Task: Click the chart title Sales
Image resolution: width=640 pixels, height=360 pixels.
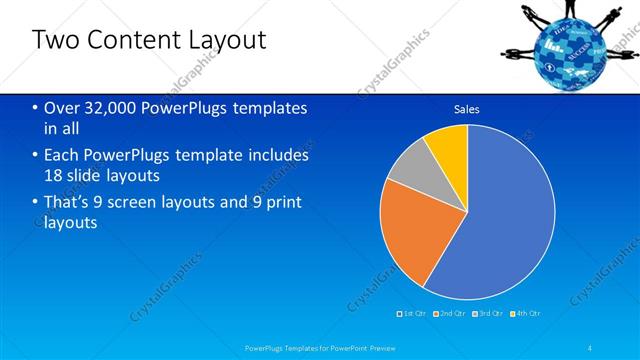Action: [x=467, y=109]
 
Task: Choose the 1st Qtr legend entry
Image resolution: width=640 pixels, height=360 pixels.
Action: [x=413, y=314]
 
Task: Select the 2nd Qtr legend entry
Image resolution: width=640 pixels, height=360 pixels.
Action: [x=451, y=314]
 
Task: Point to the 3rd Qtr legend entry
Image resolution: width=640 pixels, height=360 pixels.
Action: [x=489, y=314]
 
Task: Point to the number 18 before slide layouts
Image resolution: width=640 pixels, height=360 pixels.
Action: [x=56, y=175]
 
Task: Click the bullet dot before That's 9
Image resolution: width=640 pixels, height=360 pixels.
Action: [x=35, y=203]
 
